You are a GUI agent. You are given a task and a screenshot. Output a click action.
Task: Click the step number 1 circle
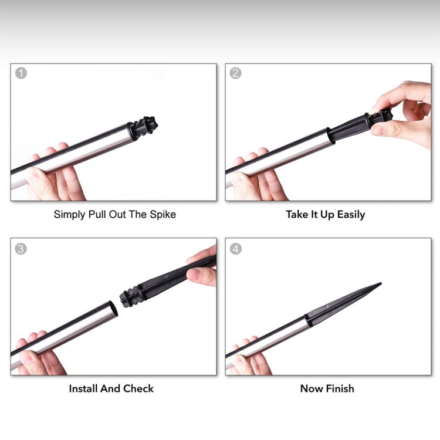click(21, 73)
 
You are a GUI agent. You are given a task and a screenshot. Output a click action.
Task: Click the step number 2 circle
click(235, 73)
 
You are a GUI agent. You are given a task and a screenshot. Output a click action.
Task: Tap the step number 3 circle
click(21, 249)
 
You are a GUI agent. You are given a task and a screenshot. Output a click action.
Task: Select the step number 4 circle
click(236, 249)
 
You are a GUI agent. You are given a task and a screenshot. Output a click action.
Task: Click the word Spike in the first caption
click(163, 214)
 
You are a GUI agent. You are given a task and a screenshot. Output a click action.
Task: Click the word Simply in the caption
click(70, 215)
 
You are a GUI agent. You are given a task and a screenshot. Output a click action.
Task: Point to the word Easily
click(351, 215)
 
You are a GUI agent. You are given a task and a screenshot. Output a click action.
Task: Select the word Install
click(83, 388)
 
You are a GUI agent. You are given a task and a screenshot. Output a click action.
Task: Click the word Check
click(138, 388)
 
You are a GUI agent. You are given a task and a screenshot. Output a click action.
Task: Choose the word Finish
click(340, 388)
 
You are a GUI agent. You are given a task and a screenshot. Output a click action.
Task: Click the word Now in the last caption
click(312, 389)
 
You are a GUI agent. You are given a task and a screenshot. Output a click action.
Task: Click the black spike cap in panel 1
click(143, 128)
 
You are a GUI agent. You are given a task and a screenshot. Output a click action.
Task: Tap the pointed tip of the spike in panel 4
click(381, 283)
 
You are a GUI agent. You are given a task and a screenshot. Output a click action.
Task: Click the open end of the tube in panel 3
click(113, 309)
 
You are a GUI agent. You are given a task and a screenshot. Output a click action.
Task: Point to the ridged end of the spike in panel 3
click(130, 297)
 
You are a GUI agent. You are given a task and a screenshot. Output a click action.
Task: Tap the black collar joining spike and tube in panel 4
click(309, 320)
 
